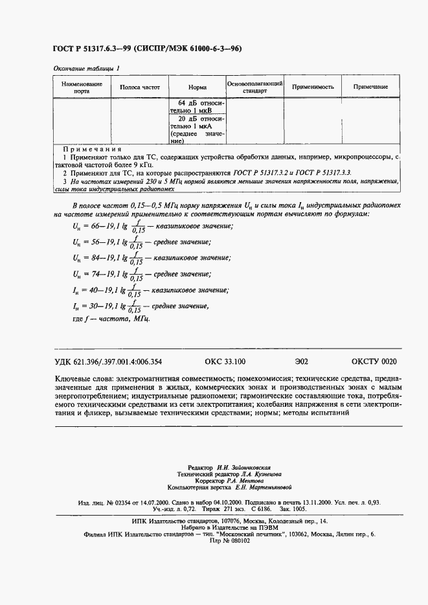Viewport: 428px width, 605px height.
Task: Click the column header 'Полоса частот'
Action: [140, 87]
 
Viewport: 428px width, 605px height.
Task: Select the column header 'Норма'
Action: [197, 87]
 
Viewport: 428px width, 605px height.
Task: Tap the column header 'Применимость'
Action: [313, 87]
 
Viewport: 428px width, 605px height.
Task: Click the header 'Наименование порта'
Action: [82, 87]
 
